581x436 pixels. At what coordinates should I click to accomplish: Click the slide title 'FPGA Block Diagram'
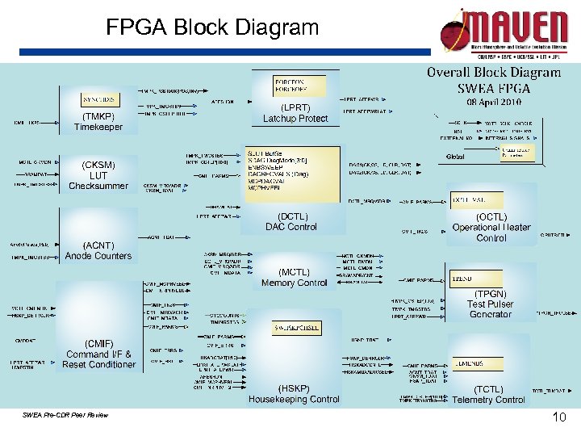pyautogui.click(x=212, y=28)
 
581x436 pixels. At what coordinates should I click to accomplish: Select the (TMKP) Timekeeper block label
pyautogui.click(x=98, y=121)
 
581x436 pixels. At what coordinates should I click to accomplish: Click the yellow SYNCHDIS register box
pyautogui.click(x=99, y=99)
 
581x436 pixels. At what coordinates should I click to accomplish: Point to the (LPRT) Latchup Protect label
pyautogui.click(x=295, y=113)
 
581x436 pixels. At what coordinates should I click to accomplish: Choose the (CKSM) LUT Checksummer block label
pyautogui.click(x=98, y=175)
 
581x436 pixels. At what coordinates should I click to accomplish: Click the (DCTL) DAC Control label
pyautogui.click(x=291, y=221)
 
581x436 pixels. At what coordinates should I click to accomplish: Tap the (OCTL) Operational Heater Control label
pyautogui.click(x=491, y=228)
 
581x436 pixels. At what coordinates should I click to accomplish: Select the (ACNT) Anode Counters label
pyautogui.click(x=98, y=250)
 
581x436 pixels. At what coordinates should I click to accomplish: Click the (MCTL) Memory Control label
pyautogui.click(x=294, y=278)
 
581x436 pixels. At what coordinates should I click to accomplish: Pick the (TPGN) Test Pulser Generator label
pyautogui.click(x=490, y=304)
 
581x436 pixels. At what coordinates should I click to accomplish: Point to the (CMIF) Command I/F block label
pyautogui.click(x=99, y=354)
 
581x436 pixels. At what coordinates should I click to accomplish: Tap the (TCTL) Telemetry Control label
pyautogui.click(x=489, y=395)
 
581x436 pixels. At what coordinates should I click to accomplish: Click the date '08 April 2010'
pyautogui.click(x=493, y=103)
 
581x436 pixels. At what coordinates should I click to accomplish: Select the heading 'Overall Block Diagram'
pyautogui.click(x=493, y=72)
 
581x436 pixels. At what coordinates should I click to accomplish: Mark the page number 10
pyautogui.click(x=558, y=417)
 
